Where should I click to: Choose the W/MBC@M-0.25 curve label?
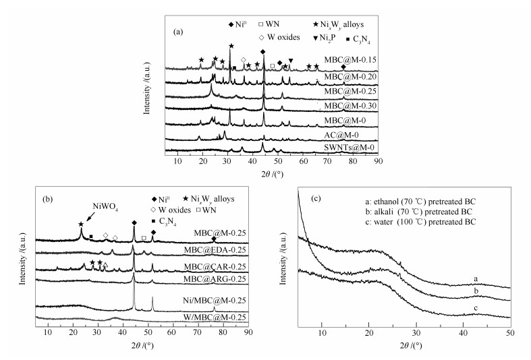(208, 318)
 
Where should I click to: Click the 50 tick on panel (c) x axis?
(510, 335)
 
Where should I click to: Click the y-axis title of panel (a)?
(147, 88)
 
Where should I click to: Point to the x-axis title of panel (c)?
(404, 347)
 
